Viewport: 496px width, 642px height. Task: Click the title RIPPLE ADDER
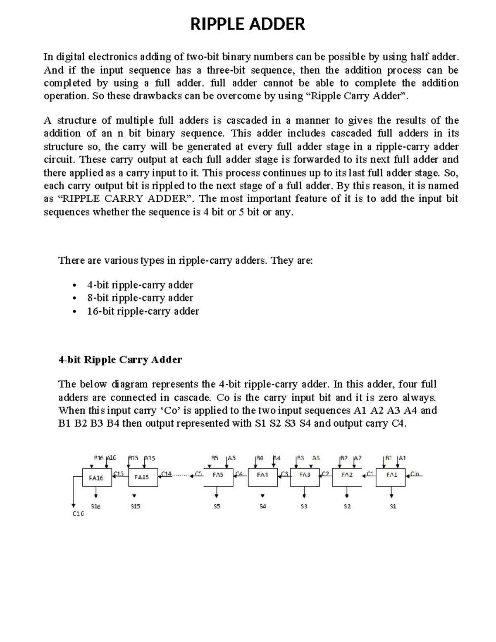[248, 24]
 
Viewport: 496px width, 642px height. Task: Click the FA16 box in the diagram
[97, 478]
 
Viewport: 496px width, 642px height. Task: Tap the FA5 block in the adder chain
[218, 475]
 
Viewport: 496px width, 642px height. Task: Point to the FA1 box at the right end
[391, 475]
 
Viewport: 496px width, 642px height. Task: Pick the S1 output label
[393, 506]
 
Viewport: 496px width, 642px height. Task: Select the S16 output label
[95, 506]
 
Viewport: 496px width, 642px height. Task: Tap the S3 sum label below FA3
[304, 506]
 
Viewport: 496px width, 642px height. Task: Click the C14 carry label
[166, 474]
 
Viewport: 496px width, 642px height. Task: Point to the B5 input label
[215, 458]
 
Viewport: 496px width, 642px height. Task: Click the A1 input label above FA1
[402, 458]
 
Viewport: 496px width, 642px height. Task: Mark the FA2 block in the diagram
[347, 475]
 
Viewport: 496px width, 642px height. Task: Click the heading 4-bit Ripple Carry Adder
[120, 359]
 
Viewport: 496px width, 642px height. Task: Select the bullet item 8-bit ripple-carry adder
[140, 298]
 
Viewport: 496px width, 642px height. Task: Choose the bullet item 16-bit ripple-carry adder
[143, 311]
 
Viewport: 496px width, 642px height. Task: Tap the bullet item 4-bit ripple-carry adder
[140, 285]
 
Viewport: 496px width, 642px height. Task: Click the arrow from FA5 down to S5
[217, 492]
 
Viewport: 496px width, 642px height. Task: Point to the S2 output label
[347, 506]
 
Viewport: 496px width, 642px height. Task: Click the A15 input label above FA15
[149, 458]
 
